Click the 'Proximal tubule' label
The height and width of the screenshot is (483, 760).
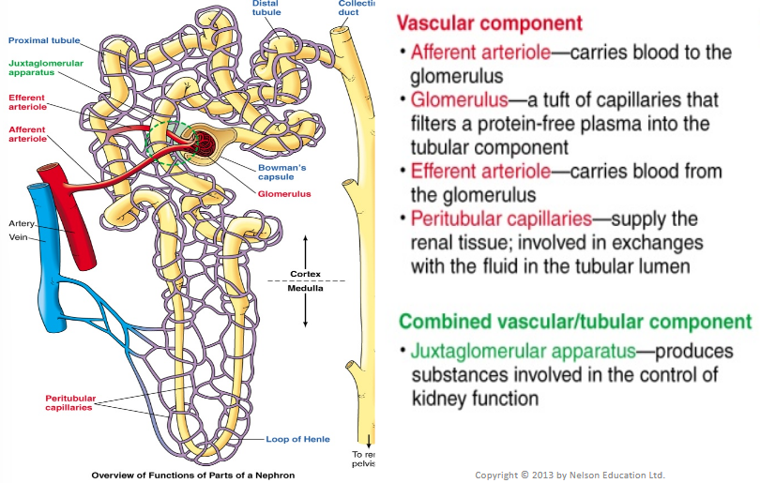[x=44, y=40]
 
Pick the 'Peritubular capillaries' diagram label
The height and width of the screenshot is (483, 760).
[x=71, y=402]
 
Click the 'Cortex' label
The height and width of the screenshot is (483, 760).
[x=305, y=274]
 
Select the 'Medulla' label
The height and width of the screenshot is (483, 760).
[x=305, y=288]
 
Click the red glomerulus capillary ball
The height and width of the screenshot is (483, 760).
[x=205, y=145]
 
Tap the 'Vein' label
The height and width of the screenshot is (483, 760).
[x=20, y=237]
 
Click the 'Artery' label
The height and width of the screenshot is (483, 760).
[x=22, y=223]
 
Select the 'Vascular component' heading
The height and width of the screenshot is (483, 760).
[x=489, y=23]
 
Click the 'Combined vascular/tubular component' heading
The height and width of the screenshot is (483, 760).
[x=575, y=322]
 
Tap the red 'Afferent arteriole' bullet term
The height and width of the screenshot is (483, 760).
[x=480, y=52]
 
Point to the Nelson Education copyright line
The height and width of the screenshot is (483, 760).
[x=570, y=475]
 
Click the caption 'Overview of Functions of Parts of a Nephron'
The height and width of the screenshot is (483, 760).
[x=192, y=475]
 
